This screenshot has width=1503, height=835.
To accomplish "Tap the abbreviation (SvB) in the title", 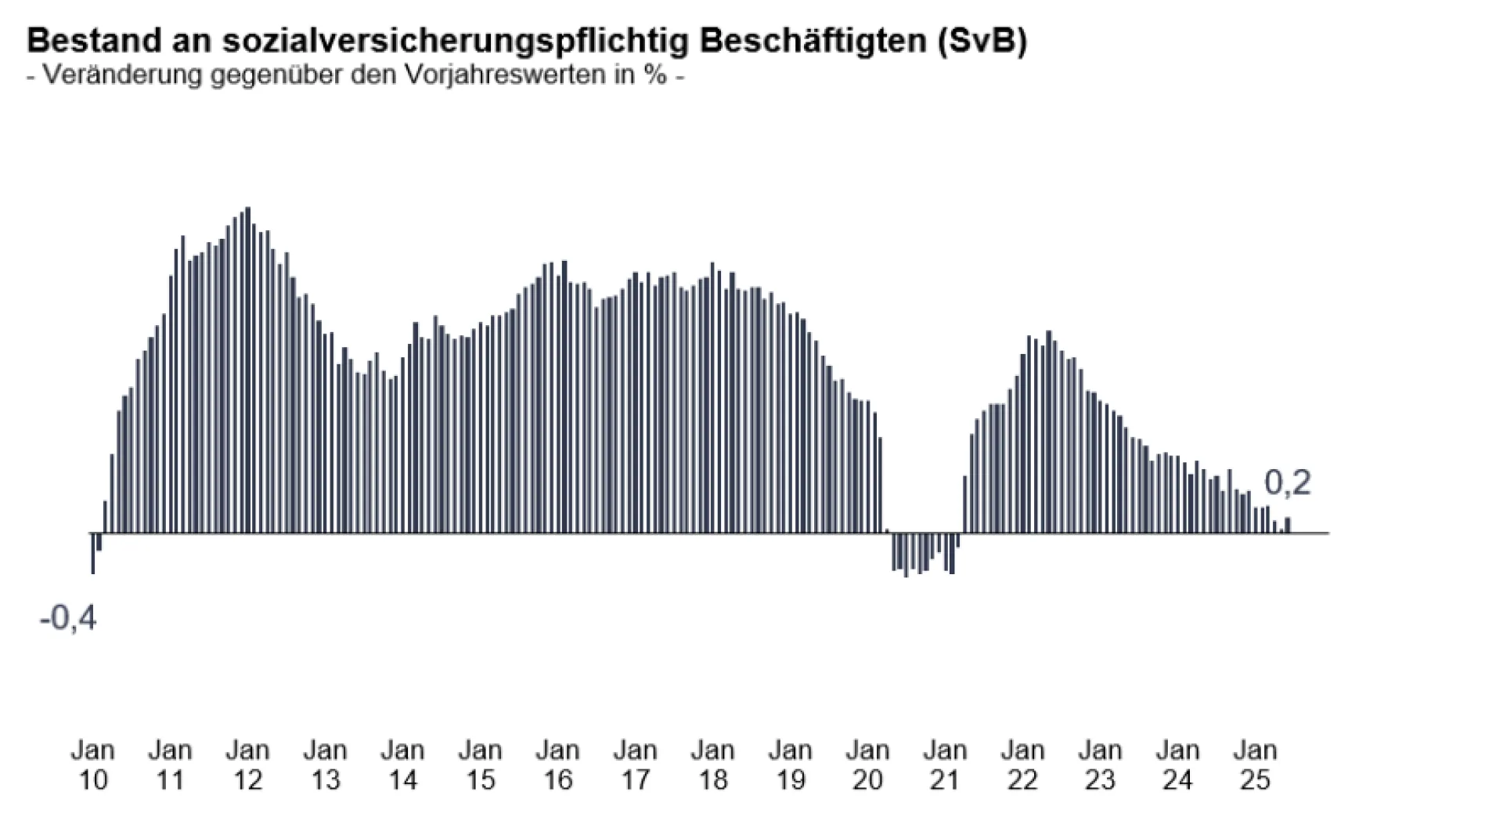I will tap(982, 40).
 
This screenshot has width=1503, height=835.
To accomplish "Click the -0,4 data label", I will tap(68, 618).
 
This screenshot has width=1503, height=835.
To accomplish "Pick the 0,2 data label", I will tap(1287, 483).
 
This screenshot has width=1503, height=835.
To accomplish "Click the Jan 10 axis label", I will tap(93, 765).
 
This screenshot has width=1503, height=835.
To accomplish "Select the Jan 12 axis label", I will tap(247, 765).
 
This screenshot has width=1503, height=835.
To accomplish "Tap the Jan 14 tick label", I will tap(402, 765).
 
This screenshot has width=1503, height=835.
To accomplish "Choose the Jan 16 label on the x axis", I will tap(557, 765).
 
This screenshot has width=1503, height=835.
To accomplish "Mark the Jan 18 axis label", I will tap(712, 765).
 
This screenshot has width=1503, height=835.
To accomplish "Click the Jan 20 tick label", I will tap(867, 765).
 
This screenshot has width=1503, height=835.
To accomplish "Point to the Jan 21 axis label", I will tap(945, 765).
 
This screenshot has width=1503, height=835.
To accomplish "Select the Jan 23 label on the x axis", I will tap(1100, 765).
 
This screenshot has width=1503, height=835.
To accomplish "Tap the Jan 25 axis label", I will tap(1255, 765).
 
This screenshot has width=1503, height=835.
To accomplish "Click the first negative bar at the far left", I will tap(93, 554).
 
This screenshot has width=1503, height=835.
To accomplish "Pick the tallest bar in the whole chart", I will tap(248, 370).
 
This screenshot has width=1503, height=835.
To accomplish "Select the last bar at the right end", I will tap(1288, 526).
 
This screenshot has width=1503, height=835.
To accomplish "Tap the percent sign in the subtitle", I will tap(656, 75).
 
